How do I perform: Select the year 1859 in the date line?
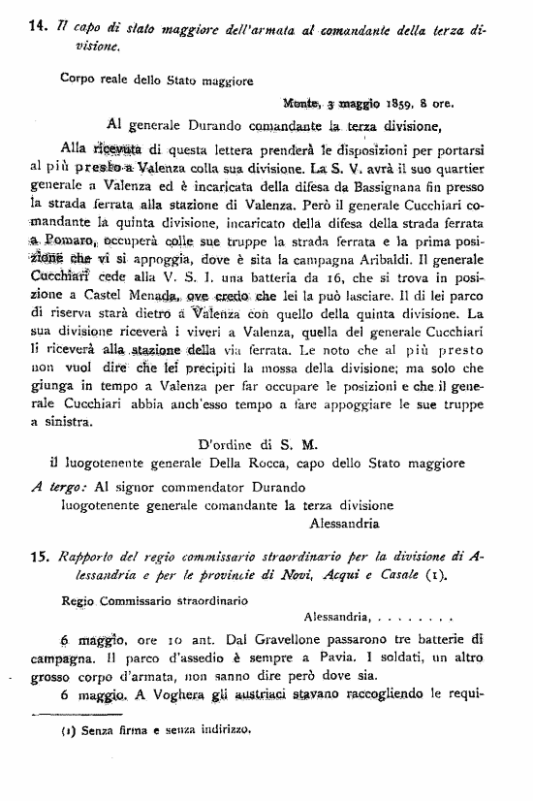(402, 102)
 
